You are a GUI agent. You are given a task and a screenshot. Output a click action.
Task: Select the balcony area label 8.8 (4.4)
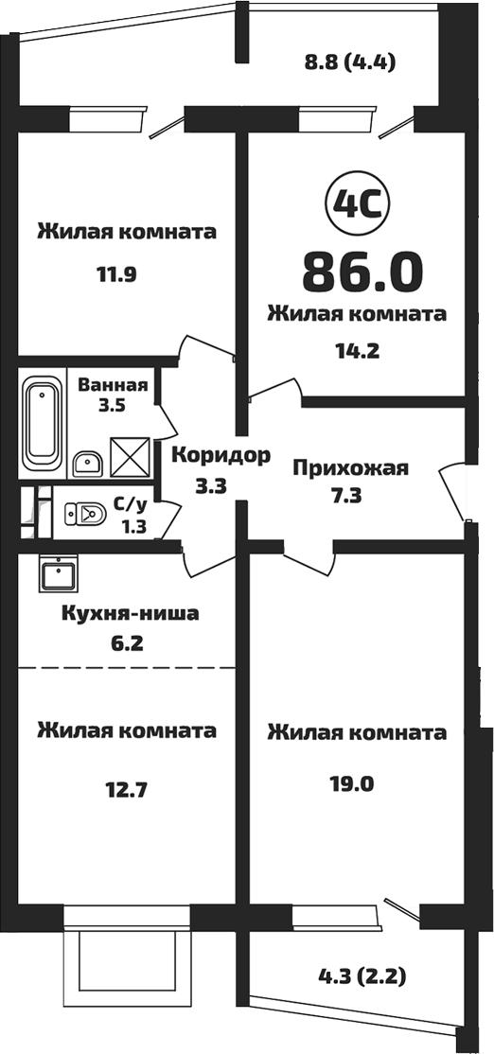coord(349,63)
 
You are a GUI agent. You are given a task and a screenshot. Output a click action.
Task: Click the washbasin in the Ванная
coord(88,463)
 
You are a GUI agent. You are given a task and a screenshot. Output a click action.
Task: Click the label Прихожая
coord(349,467)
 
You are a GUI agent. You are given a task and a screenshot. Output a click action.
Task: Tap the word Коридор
coord(221,455)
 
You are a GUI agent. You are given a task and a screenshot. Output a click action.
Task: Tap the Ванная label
coord(112,385)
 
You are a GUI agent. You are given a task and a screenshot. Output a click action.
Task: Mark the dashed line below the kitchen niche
coord(127,667)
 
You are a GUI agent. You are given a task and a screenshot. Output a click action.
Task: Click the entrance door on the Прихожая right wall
coord(454,490)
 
